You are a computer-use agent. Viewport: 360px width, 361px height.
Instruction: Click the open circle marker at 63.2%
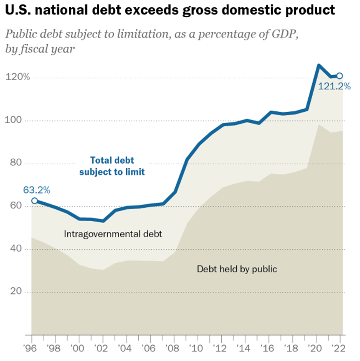[34, 201]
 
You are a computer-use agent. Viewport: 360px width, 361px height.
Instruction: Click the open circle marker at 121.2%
[340, 76]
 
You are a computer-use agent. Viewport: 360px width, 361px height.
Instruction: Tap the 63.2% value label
[37, 191]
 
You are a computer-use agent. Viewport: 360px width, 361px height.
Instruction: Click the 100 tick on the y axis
[17, 121]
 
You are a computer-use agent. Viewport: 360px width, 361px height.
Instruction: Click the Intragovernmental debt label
[113, 234]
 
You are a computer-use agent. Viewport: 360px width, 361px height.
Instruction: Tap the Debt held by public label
[237, 269]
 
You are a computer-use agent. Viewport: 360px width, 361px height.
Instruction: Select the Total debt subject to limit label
[112, 166]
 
